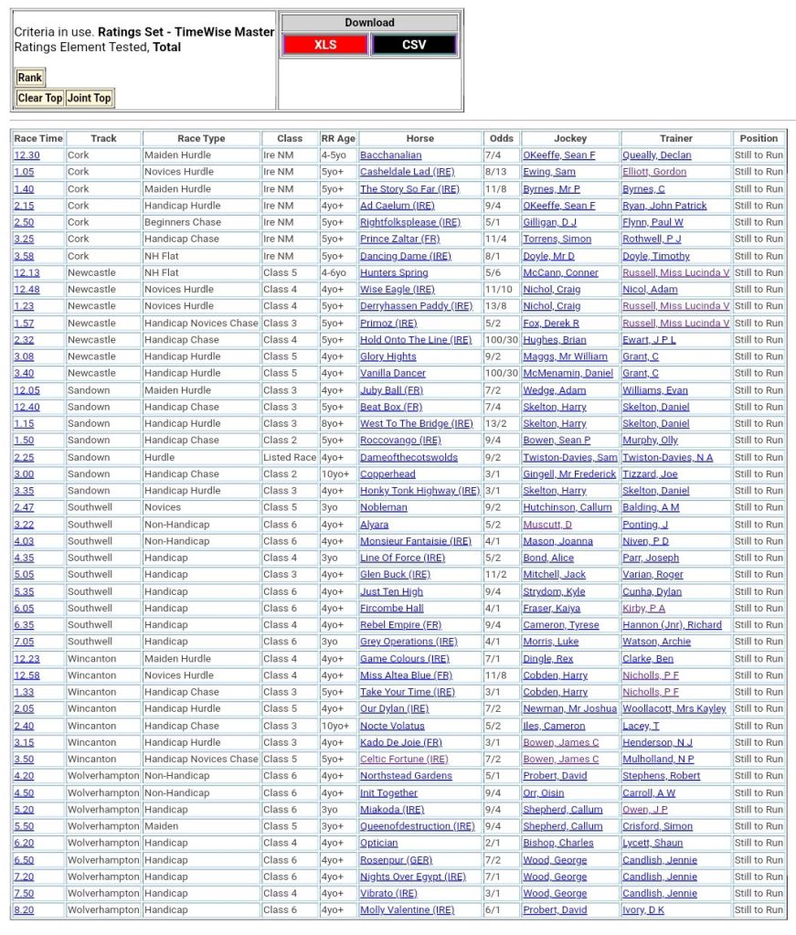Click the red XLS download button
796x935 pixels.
coord(325,45)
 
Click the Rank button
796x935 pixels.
coord(29,78)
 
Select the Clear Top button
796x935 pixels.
coord(40,98)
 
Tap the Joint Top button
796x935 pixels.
coord(90,98)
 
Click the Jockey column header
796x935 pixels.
coord(570,138)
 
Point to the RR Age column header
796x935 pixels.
coord(337,138)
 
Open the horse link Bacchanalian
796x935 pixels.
coord(390,155)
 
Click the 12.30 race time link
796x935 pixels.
coord(27,155)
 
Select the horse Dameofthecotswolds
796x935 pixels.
coord(409,457)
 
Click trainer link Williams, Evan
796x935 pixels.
coord(655,390)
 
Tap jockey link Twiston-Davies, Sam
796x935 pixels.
coord(569,457)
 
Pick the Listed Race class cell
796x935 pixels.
coord(290,457)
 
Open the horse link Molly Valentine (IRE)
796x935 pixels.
coord(407,910)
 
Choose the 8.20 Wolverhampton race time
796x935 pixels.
coord(24,910)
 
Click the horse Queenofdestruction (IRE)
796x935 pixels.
coord(417,826)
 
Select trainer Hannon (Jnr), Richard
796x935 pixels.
coord(672,625)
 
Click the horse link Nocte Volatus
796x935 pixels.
coord(392,726)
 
